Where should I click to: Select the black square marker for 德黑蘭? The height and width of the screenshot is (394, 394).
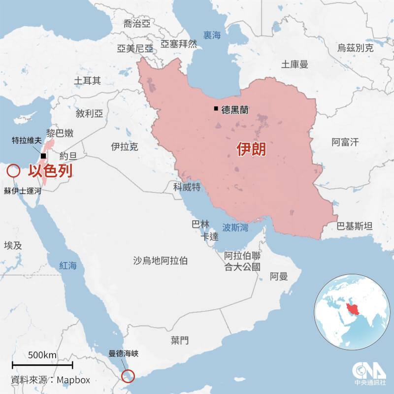pos(216,109)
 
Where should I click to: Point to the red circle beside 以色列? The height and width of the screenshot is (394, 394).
pos(13,171)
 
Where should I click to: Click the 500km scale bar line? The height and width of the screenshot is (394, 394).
pos(43,365)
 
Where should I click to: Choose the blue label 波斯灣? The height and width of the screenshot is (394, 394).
pos(235,228)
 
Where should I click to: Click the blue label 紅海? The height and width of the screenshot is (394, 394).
pos(68,266)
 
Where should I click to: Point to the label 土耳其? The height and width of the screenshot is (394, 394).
pos(87,80)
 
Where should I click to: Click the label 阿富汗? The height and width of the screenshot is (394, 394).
pos(345,142)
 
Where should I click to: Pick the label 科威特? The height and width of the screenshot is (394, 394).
pos(187,187)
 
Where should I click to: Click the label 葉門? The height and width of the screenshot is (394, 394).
pos(180,340)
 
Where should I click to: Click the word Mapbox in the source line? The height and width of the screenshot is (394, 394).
pos(73,380)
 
